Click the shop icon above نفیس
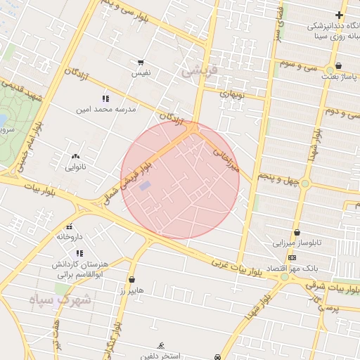(x=141, y=63)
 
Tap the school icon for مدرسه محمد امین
(x=105, y=99)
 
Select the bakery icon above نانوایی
(x=75, y=156)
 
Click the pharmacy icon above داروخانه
(x=69, y=226)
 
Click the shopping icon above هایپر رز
(x=131, y=279)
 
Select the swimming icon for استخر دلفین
(x=162, y=345)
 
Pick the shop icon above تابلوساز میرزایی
(x=297, y=232)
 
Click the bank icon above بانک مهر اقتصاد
(x=292, y=257)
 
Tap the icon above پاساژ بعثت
(x=329, y=68)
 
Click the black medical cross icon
(x=339, y=15)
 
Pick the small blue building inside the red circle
(x=145, y=186)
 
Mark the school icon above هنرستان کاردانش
(x=79, y=253)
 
